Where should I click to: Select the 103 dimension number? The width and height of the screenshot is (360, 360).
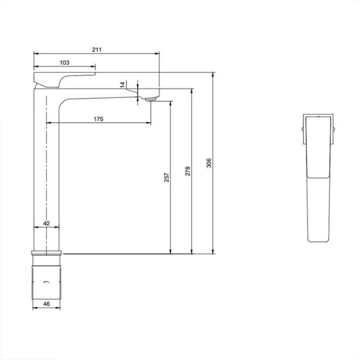[x=64, y=63]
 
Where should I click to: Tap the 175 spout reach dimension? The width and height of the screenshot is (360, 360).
[x=99, y=119]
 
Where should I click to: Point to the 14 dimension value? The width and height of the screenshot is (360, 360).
[x=122, y=84]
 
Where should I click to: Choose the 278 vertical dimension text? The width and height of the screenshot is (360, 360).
[x=188, y=171]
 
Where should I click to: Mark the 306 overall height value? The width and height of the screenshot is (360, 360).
[x=209, y=163]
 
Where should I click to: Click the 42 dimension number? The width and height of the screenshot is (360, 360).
[x=46, y=223]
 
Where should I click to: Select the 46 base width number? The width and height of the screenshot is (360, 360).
[x=46, y=304]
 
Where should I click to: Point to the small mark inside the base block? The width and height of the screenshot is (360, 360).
[x=47, y=282]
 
